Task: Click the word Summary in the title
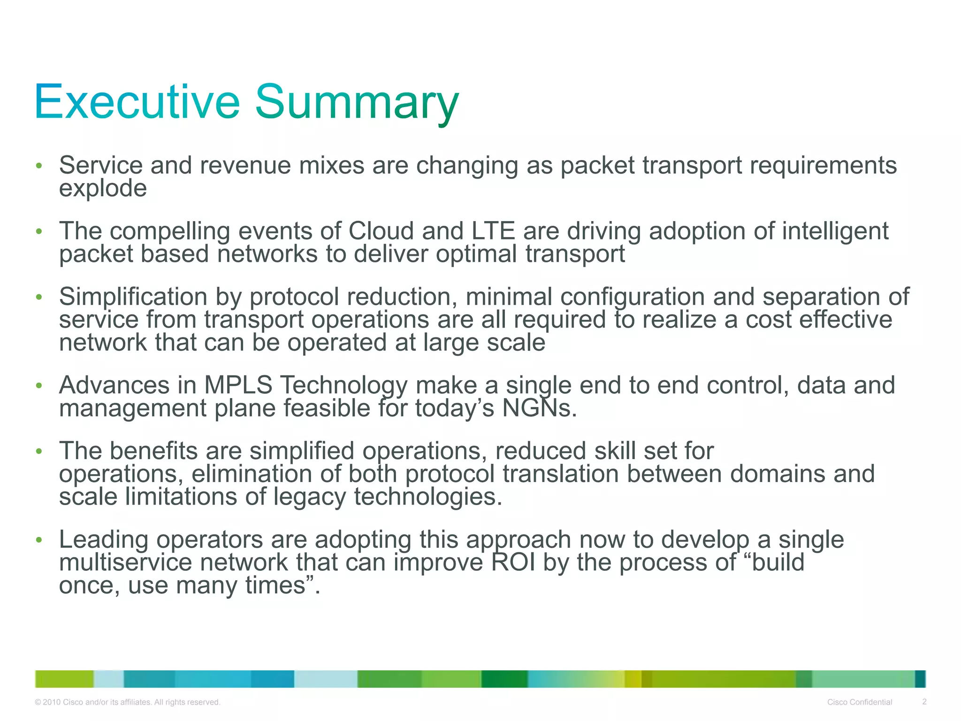[x=357, y=102]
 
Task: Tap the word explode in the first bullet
[x=103, y=189]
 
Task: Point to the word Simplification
[x=133, y=297]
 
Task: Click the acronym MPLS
[x=238, y=385]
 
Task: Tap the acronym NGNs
[x=539, y=408]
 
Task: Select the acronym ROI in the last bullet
[x=513, y=562]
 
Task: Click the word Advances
[x=114, y=385]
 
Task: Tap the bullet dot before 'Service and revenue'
[x=39, y=166]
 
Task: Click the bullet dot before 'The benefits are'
[x=39, y=452]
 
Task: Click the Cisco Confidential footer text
[x=859, y=702]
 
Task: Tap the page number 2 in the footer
[x=924, y=702]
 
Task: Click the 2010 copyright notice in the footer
[x=127, y=702]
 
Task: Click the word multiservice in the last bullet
[x=125, y=562]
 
